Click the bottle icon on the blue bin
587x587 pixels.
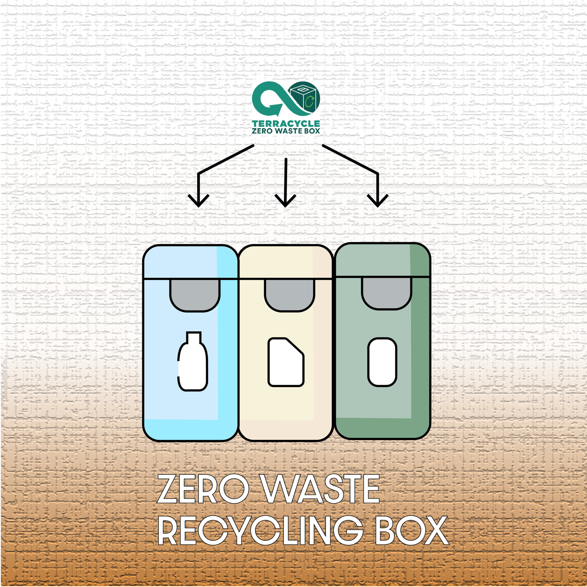(x=193, y=363)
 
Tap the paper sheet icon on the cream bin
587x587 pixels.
(x=286, y=362)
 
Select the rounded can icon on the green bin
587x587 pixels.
(x=382, y=362)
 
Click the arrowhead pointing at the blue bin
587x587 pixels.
(x=198, y=202)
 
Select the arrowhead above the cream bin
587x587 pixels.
(x=285, y=202)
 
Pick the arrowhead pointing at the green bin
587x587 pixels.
(x=377, y=202)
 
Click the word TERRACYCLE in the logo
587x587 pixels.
(x=286, y=124)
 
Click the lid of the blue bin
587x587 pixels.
(x=190, y=262)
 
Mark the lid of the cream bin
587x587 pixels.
(x=286, y=262)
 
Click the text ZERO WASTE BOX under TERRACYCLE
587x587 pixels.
(x=286, y=131)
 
